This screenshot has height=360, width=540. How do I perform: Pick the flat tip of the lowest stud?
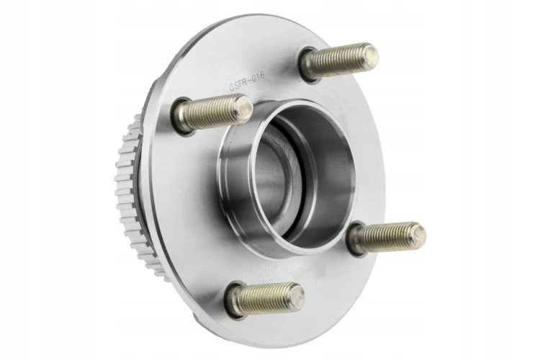(x=297, y=294)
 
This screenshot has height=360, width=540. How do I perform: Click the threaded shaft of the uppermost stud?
(x=337, y=63)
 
